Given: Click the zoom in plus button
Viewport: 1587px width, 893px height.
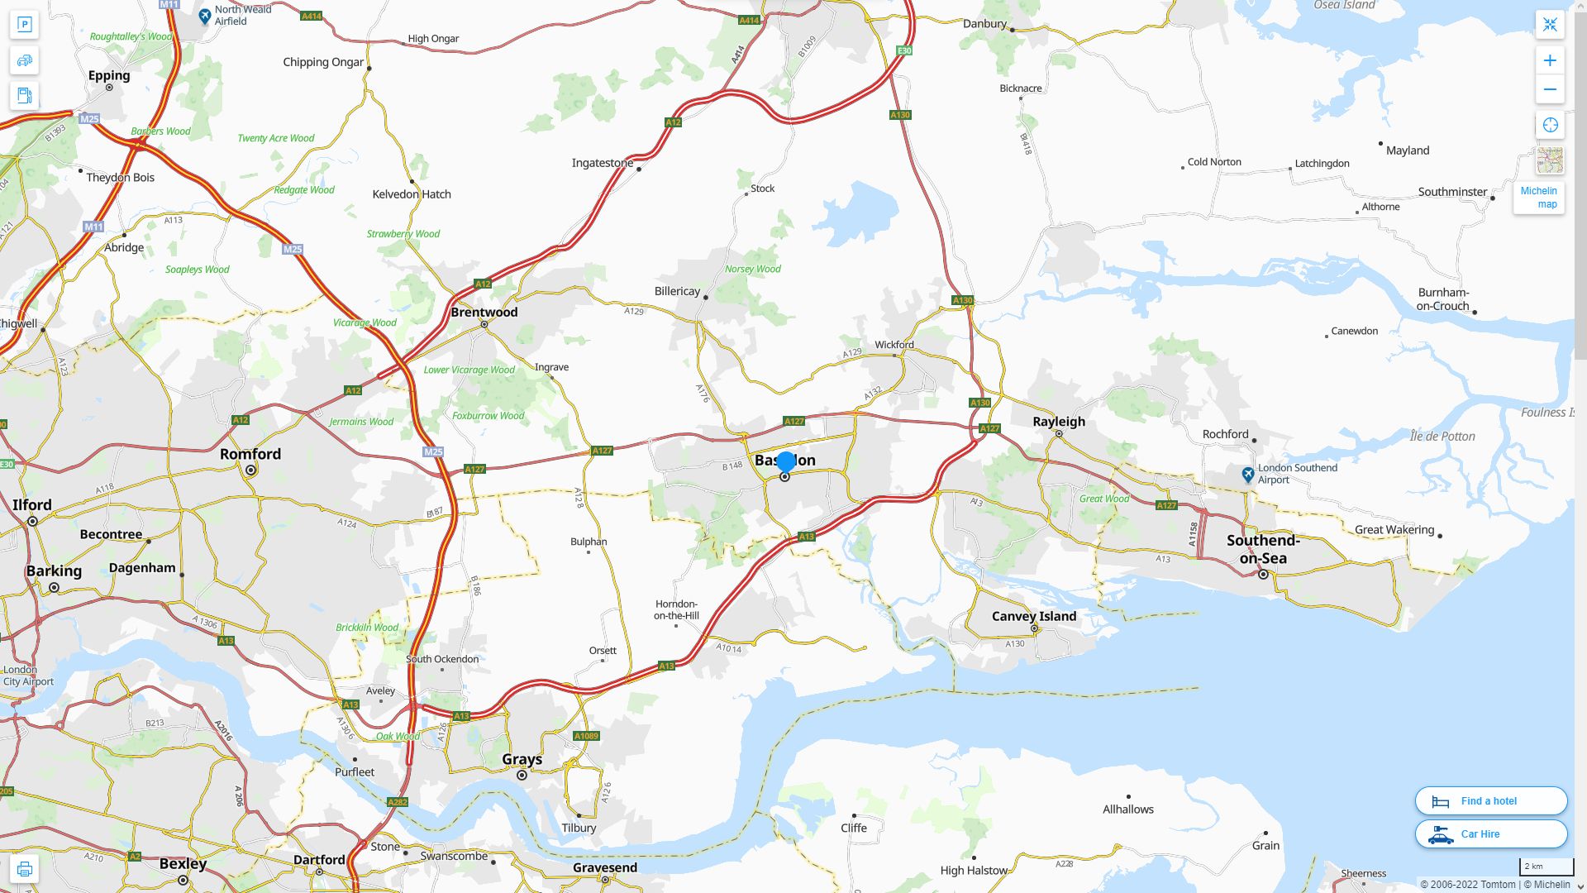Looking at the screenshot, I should [x=1550, y=60].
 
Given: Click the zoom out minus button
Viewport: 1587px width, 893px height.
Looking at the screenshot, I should [x=1550, y=89].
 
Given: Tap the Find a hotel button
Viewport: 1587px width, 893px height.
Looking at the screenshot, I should [x=1491, y=800].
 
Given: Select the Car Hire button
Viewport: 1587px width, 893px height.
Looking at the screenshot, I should [x=1491, y=833].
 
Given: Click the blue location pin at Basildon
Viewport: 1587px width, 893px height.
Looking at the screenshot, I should [x=786, y=462].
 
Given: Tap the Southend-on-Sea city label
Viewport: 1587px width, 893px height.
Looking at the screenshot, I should [x=1263, y=549].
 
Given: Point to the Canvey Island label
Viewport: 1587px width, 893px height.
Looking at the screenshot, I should [x=1033, y=616].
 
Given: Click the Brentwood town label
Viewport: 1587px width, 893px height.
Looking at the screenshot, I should [x=484, y=312].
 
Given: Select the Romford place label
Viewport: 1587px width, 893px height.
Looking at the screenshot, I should [x=250, y=454].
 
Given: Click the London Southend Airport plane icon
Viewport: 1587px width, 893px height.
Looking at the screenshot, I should [x=1248, y=475].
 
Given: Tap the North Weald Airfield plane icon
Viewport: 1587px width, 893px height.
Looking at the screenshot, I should [x=205, y=15].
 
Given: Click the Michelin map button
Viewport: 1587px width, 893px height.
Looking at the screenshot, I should [x=1539, y=197].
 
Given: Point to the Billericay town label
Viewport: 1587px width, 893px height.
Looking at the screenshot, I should [x=677, y=291].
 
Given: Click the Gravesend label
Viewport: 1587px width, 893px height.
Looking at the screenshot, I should [x=605, y=867].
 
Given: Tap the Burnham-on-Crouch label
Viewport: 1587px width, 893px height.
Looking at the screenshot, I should [x=1443, y=299].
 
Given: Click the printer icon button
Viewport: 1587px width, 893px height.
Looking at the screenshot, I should [x=24, y=868].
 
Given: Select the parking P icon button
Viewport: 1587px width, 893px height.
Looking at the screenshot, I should [x=24, y=24].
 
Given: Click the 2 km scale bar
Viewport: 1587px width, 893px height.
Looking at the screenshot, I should [x=1546, y=867].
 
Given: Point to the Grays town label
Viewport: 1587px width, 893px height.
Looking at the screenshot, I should [x=522, y=759].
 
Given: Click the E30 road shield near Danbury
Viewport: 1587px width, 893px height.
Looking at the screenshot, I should [x=904, y=50].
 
